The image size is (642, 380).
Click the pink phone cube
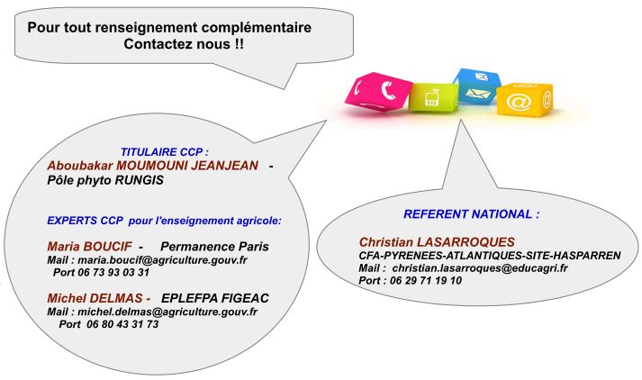click(378, 91)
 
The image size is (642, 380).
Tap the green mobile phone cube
click(433, 97)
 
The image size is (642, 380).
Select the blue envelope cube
click(477, 86)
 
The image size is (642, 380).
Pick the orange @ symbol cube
click(524, 100)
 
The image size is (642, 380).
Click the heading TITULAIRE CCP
click(165, 152)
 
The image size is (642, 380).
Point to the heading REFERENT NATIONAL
click(471, 213)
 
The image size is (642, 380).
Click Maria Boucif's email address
click(162, 260)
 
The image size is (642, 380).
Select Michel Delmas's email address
click(167, 312)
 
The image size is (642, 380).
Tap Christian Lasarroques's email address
click(480, 268)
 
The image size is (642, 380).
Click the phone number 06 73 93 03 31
click(113, 272)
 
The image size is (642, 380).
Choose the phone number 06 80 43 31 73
click(122, 324)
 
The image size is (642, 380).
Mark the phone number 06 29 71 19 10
click(426, 280)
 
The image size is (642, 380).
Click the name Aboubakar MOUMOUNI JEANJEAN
click(153, 166)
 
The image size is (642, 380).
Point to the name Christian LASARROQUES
click(437, 241)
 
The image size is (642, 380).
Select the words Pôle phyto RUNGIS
click(105, 180)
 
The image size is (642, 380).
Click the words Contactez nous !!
click(184, 44)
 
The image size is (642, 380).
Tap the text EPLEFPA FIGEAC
click(215, 298)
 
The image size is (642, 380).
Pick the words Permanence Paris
click(214, 247)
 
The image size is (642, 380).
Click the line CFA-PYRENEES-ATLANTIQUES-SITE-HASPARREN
click(490, 256)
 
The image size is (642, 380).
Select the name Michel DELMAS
click(95, 298)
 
